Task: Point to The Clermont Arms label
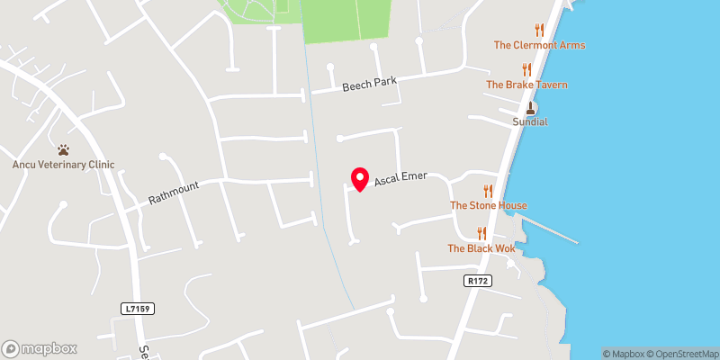point(539,45)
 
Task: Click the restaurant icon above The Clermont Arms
point(539,30)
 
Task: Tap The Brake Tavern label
point(526,85)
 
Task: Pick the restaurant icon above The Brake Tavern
point(526,69)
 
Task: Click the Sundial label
point(530,121)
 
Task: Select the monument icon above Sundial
point(530,107)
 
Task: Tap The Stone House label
point(488,205)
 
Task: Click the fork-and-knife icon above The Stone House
point(488,190)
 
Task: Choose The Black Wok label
point(481,248)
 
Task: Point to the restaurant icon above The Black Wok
point(481,233)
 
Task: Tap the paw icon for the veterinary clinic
point(63,149)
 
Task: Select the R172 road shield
point(477,281)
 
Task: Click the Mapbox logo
point(40,348)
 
